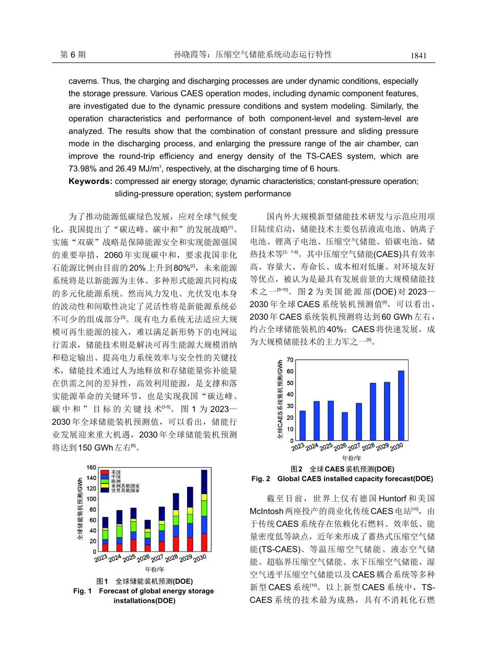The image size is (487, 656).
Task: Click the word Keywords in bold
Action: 90,181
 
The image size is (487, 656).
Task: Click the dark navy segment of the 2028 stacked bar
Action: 176,501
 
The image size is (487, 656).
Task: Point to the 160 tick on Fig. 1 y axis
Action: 91,467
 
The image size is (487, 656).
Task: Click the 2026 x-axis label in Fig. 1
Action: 144,557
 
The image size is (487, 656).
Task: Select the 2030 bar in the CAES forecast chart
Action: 401,405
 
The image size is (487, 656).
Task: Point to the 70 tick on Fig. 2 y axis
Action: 290,359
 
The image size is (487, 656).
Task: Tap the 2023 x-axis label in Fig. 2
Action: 298,447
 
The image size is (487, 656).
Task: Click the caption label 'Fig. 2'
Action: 260,479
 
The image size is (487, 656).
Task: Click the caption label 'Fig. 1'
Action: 82,591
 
